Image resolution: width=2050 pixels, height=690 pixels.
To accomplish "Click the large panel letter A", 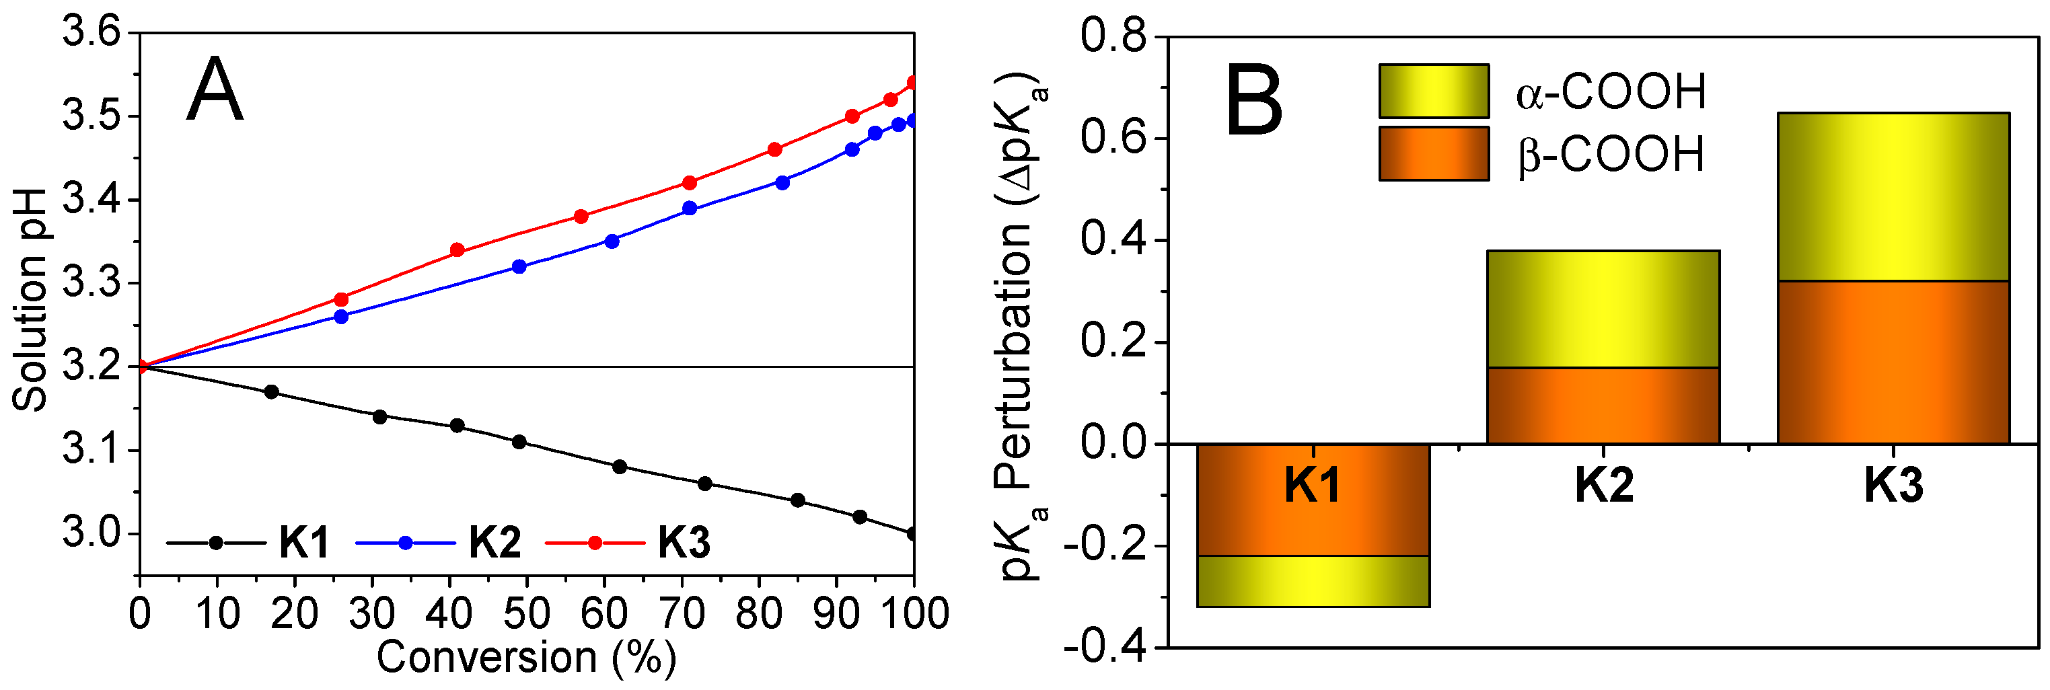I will [214, 90].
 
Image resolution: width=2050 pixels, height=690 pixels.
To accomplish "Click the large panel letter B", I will [1254, 102].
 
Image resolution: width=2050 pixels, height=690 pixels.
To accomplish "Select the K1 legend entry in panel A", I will [248, 543].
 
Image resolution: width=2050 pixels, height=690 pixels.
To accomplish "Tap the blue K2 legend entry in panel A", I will [439, 543].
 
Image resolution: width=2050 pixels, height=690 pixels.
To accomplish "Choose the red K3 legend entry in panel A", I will [628, 543].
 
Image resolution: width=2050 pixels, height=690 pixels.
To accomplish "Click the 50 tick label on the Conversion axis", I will [527, 613].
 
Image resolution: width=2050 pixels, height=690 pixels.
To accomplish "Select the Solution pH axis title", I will [30, 301].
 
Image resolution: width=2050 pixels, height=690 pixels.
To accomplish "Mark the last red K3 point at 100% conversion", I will [914, 83].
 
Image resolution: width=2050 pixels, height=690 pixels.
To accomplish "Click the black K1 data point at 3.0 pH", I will [913, 534].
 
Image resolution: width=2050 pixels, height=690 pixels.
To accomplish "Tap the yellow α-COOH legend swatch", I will [1433, 91].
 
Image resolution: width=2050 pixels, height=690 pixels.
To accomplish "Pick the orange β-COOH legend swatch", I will [1433, 153].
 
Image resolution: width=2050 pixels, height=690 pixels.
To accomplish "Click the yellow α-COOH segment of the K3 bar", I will [1893, 196].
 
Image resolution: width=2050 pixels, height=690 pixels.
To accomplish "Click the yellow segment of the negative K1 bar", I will [1313, 581].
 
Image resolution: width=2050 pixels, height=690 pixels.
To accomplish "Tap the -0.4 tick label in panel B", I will [1105, 647].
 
